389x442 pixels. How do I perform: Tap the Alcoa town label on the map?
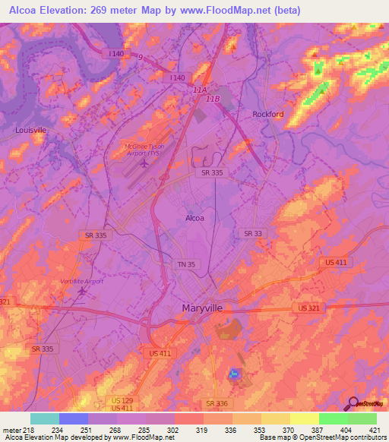pyautogui.click(x=195, y=218)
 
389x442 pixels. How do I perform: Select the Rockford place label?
pyautogui.click(x=267, y=115)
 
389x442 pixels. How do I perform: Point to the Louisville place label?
pyautogui.click(x=31, y=130)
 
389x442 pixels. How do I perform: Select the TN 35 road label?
pyautogui.click(x=187, y=264)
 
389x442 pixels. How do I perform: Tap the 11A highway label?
pyautogui.click(x=200, y=90)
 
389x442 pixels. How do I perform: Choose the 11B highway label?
pyautogui.click(x=213, y=99)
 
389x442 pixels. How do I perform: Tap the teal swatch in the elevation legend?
pyautogui.click(x=45, y=418)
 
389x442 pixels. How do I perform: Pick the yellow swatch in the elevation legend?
pyautogui.click(x=305, y=418)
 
